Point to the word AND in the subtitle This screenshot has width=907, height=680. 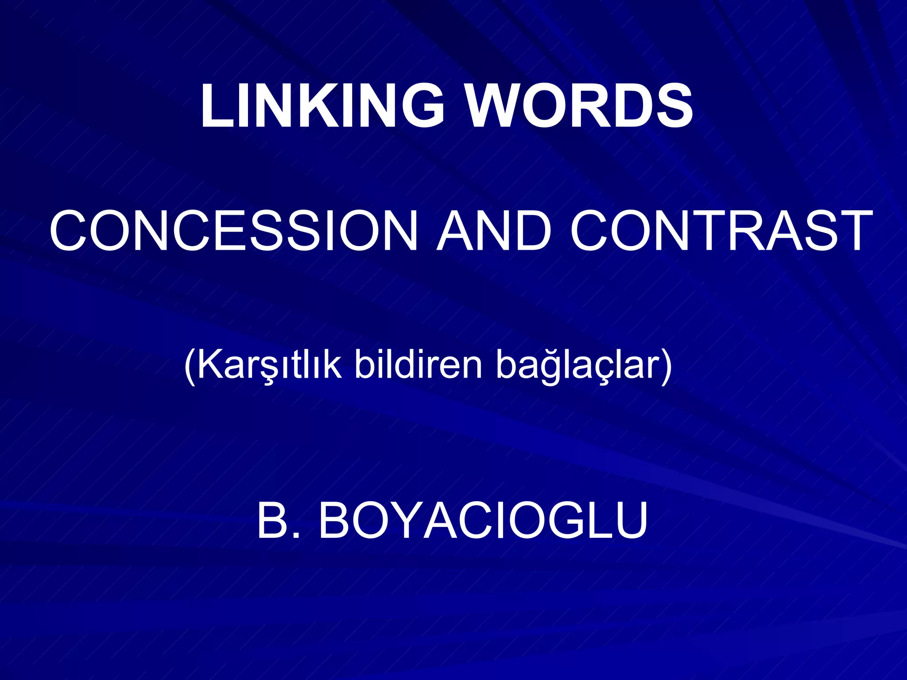tap(494, 231)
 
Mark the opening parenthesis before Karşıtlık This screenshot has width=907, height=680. tap(190, 366)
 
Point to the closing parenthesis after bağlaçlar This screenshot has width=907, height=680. tap(666, 366)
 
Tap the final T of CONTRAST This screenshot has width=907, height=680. tap(853, 231)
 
